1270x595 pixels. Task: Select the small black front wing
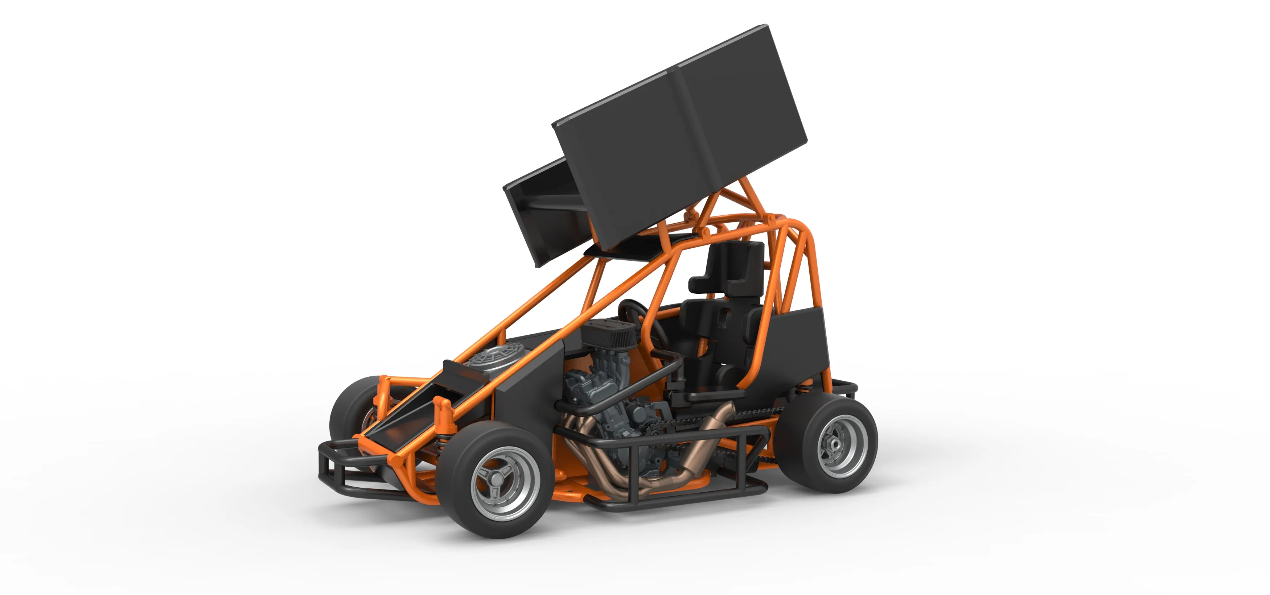542,212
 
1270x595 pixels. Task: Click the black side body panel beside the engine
527,389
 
